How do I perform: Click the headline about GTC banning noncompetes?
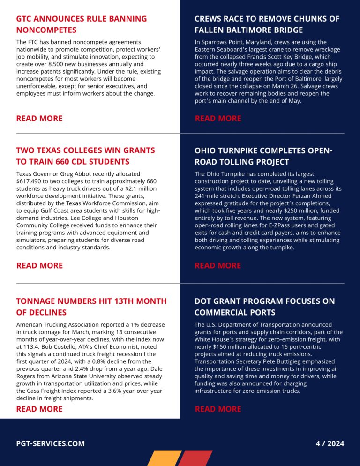click(81, 24)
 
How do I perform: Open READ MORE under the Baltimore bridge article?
click(218, 118)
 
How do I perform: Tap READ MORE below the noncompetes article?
click(39, 118)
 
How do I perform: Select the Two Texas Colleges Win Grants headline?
click(85, 156)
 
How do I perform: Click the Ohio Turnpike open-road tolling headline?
click(263, 156)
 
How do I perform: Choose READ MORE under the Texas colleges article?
click(39, 265)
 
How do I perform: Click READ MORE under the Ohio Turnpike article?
click(218, 265)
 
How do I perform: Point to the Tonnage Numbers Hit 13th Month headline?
click(91, 307)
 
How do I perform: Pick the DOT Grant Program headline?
click(265, 307)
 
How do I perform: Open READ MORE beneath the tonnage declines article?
click(39, 409)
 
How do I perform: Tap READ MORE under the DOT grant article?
click(218, 409)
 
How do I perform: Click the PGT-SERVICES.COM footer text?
click(51, 443)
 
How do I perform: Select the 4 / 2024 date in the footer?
click(330, 443)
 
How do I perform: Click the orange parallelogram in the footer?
click(164, 458)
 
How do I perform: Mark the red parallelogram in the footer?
click(195, 458)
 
